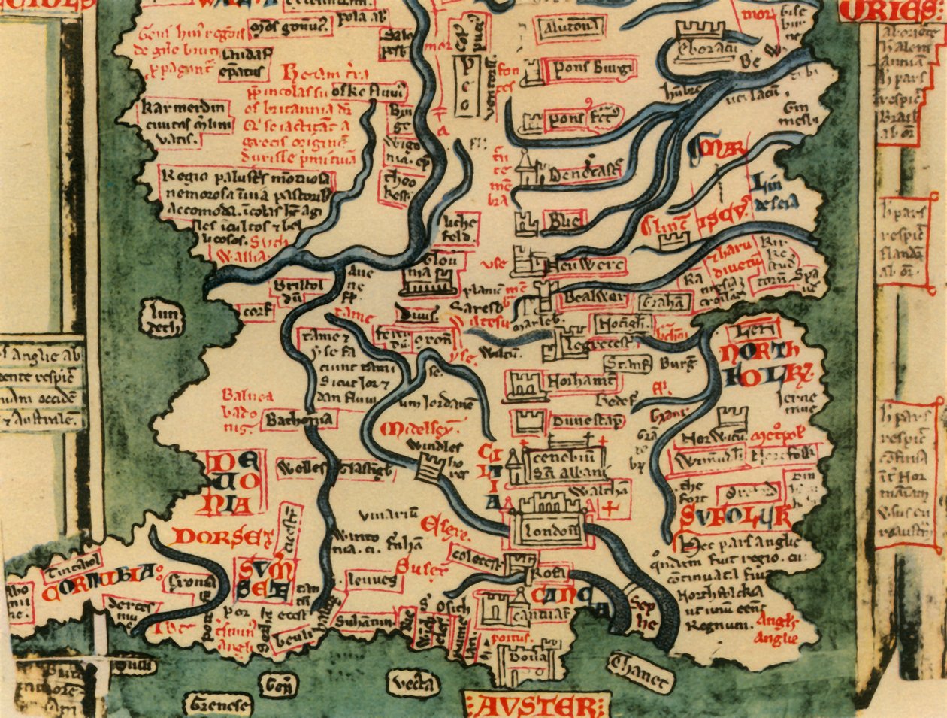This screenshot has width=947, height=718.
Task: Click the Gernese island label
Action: click(x=220, y=705)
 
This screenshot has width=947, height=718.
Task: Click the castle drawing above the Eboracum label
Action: click(x=700, y=31)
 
